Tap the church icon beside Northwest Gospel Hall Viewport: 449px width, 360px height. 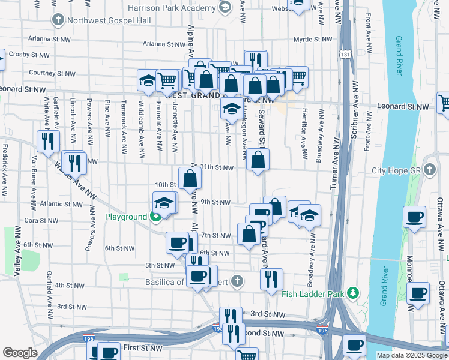coord(58,20)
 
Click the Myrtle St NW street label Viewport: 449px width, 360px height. coord(313,40)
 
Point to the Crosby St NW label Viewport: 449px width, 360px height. coord(28,54)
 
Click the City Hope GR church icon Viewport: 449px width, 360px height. coord(429,170)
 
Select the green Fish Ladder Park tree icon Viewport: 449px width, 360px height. coord(355,293)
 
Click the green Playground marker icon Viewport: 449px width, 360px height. coord(155,217)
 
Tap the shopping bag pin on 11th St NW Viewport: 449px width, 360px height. coord(258,160)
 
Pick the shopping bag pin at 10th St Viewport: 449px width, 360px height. coord(190,178)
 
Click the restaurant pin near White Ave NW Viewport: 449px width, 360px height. coord(47,141)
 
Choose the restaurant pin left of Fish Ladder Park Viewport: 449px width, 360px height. coord(271,279)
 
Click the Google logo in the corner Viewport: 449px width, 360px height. coord(20,352)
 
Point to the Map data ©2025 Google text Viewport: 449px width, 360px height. coord(411,355)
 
